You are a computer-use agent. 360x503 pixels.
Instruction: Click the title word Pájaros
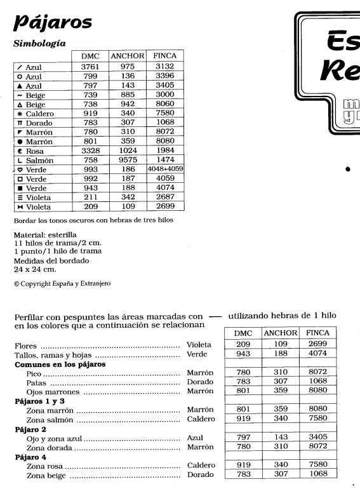[x=53, y=23]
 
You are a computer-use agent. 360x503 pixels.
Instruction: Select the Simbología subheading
[x=39, y=44]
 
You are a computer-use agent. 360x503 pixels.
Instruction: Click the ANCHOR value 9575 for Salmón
[x=128, y=161]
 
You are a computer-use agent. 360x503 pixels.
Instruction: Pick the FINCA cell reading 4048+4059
[x=165, y=170]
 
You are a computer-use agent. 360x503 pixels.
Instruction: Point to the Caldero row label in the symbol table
[x=39, y=114]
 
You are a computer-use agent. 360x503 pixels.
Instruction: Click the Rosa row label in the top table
[x=34, y=151]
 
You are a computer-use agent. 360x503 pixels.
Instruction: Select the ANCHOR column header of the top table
[x=128, y=56]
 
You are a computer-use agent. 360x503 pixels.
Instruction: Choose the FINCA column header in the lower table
[x=317, y=333]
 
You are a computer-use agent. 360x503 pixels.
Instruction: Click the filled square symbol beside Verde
[x=20, y=189]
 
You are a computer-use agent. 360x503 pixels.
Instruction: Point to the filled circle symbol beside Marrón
[x=20, y=142]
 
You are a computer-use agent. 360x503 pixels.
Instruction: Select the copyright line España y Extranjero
[x=62, y=284]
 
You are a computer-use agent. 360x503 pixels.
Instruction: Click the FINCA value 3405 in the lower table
[x=317, y=437]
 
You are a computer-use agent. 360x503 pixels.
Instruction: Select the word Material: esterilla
[x=44, y=234]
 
